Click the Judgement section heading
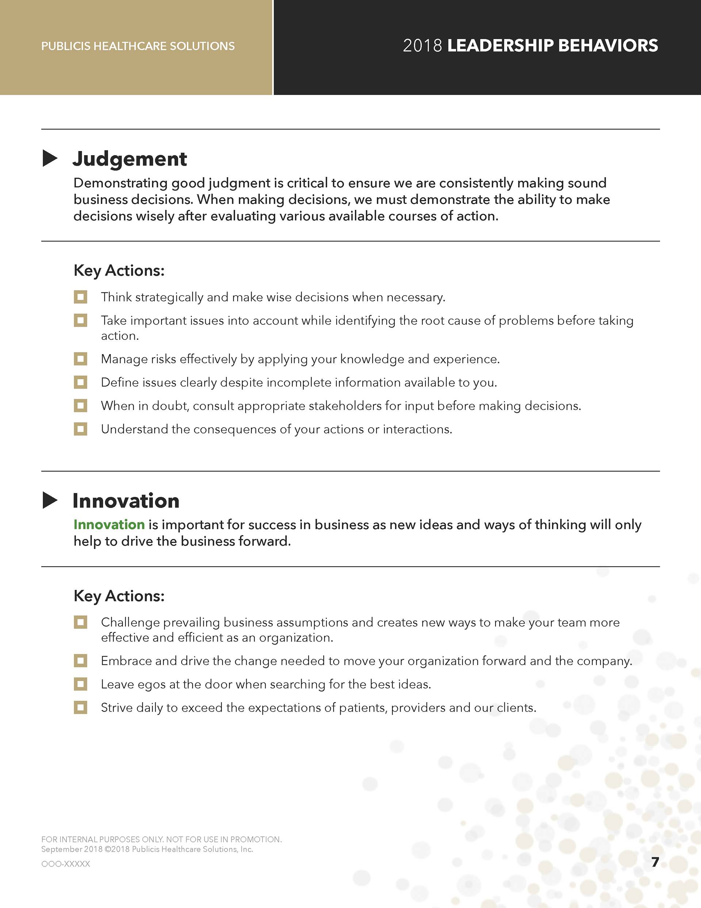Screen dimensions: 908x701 click(130, 159)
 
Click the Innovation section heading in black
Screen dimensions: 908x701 click(126, 501)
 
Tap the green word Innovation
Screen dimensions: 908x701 click(109, 525)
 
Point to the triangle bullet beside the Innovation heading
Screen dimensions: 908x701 click(50, 500)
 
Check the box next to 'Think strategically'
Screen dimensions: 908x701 click(81, 297)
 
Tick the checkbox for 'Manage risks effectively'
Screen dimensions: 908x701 click(81, 359)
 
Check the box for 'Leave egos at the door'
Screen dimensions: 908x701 click(81, 684)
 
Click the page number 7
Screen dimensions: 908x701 click(655, 862)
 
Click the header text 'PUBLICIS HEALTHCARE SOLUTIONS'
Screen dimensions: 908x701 click(138, 46)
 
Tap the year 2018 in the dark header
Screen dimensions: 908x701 click(422, 46)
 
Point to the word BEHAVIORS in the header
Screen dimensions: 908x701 click(608, 46)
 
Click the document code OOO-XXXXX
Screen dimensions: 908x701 click(66, 863)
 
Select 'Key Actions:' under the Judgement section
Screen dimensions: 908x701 click(119, 271)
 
